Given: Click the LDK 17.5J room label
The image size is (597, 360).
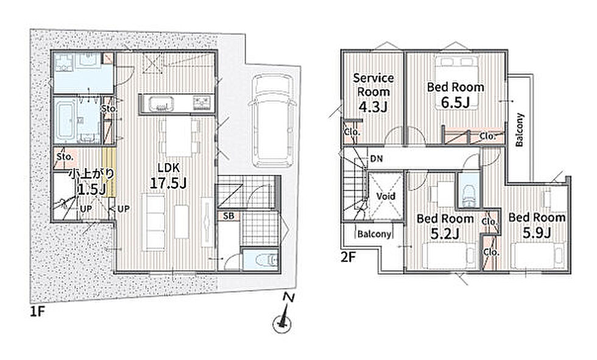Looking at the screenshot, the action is tap(168, 177).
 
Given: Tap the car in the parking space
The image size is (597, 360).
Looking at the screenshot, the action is tap(272, 120).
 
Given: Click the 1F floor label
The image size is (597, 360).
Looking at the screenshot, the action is tap(38, 312).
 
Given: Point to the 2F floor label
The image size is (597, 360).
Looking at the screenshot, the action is tap(348, 258).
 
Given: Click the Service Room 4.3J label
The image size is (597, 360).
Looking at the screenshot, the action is tap(373, 93).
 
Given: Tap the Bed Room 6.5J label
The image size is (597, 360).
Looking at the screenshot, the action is tap(456, 94).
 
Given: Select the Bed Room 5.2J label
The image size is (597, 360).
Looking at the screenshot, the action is tap(445, 226).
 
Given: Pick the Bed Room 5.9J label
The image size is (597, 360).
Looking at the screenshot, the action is tap(537, 225).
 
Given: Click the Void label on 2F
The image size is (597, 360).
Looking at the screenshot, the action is tap(386, 196).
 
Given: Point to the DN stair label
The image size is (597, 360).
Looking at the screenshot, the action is tap(376, 159).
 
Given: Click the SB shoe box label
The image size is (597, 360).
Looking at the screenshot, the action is tap(228, 216).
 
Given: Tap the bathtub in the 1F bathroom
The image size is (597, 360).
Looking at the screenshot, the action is tap(65, 121).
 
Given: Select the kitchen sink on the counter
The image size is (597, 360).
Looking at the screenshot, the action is tap(161, 104).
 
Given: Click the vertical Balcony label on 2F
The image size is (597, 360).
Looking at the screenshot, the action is tap(519, 130).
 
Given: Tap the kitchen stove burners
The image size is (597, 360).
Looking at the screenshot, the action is tap(202, 104).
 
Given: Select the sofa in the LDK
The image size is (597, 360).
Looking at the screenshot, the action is tap(154, 222).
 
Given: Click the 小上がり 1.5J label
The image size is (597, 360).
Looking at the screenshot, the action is tap(91, 182).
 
